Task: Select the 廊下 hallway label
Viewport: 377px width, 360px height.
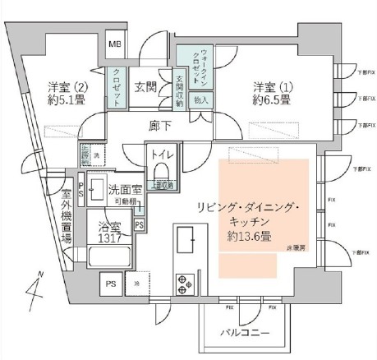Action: pos(160,126)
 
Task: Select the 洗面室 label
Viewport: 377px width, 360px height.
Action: pos(124,191)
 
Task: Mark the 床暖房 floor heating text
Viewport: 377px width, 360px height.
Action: pos(296,246)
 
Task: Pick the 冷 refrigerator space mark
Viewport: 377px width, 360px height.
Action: pos(136,284)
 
